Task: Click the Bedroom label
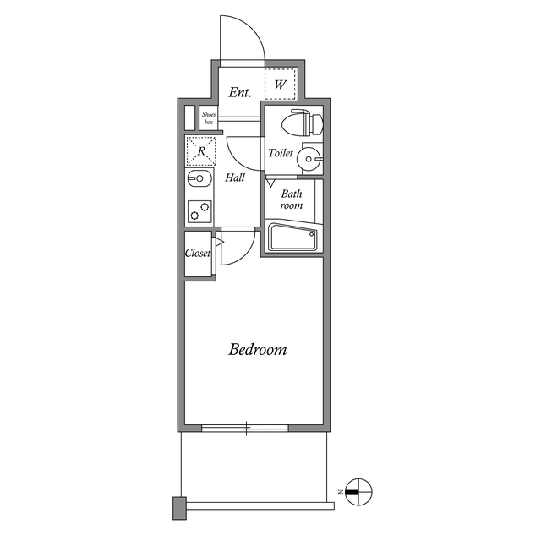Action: pyautogui.click(x=258, y=349)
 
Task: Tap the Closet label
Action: pyautogui.click(x=198, y=253)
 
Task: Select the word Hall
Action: pyautogui.click(x=235, y=178)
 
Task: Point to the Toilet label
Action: pyautogui.click(x=281, y=153)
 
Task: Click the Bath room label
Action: pyautogui.click(x=292, y=199)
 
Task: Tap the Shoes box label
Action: pyautogui.click(x=208, y=118)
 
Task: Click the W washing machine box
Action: pyautogui.click(x=279, y=85)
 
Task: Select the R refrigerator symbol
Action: pyautogui.click(x=201, y=151)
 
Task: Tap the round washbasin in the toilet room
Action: pyautogui.click(x=310, y=157)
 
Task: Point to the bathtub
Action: pyautogui.click(x=292, y=238)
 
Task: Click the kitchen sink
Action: pyautogui.click(x=199, y=179)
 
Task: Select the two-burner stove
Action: pyautogui.click(x=199, y=210)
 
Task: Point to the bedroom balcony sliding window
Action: pyautogui.click(x=247, y=429)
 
